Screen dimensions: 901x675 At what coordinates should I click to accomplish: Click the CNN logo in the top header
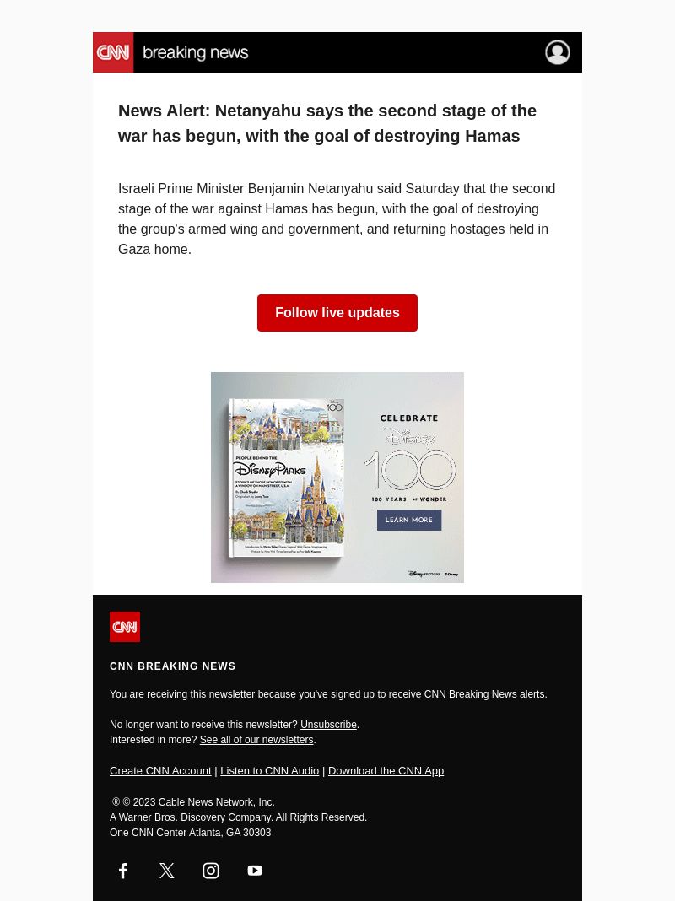(x=113, y=52)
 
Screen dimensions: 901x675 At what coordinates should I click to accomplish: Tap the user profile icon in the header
(x=557, y=52)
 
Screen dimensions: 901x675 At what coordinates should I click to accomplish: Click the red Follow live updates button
(x=337, y=313)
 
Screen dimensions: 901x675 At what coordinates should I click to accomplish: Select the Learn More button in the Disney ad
(x=409, y=520)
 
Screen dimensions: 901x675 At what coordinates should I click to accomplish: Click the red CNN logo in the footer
(x=125, y=627)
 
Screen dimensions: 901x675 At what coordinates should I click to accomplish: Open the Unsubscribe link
(x=328, y=725)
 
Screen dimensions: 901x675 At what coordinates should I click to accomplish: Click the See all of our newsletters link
(x=256, y=740)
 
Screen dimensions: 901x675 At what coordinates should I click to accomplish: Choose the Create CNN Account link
(x=160, y=770)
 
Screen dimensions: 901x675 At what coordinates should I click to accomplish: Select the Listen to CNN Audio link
(x=269, y=770)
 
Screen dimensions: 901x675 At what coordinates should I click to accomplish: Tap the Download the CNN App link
(x=386, y=770)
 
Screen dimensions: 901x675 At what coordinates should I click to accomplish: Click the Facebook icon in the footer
(x=123, y=871)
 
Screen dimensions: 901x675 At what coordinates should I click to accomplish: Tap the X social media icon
(x=167, y=871)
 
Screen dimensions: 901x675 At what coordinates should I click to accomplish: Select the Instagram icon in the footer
(x=211, y=871)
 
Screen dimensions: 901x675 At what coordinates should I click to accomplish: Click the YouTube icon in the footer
(x=255, y=871)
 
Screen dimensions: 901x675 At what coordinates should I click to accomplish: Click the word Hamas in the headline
(x=493, y=136)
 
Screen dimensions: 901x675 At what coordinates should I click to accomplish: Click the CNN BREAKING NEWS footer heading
(x=173, y=666)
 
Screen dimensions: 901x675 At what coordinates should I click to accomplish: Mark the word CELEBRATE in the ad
(x=409, y=418)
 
